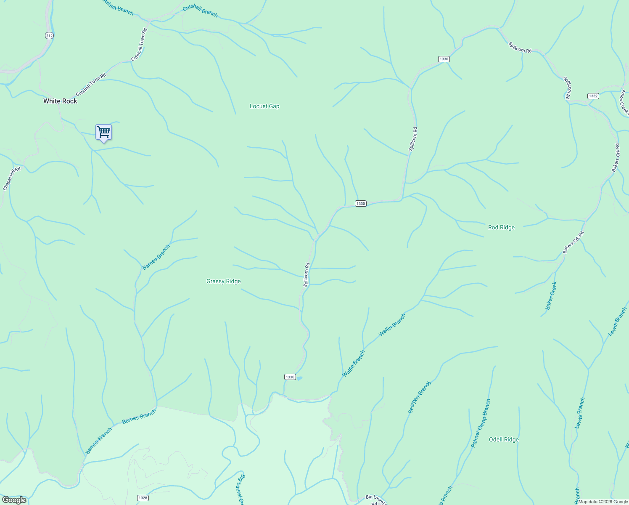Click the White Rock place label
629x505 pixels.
[60, 101]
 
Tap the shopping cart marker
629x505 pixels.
[103, 132]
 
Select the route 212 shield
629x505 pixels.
[49, 36]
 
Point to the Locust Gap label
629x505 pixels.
[264, 106]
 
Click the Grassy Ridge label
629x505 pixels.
[223, 282]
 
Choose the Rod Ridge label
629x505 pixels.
[501, 227]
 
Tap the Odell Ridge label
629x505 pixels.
[504, 439]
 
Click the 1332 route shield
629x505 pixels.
[593, 96]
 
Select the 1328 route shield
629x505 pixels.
[143, 498]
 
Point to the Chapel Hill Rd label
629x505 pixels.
[11, 178]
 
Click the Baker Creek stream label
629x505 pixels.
[551, 296]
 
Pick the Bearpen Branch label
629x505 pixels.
[420, 397]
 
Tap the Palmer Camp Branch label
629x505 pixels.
[481, 423]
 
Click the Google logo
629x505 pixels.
[14, 500]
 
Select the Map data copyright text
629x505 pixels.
[603, 502]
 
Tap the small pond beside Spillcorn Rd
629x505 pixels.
[299, 378]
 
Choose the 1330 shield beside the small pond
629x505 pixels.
[290, 377]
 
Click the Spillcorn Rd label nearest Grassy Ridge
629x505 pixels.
[307, 275]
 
